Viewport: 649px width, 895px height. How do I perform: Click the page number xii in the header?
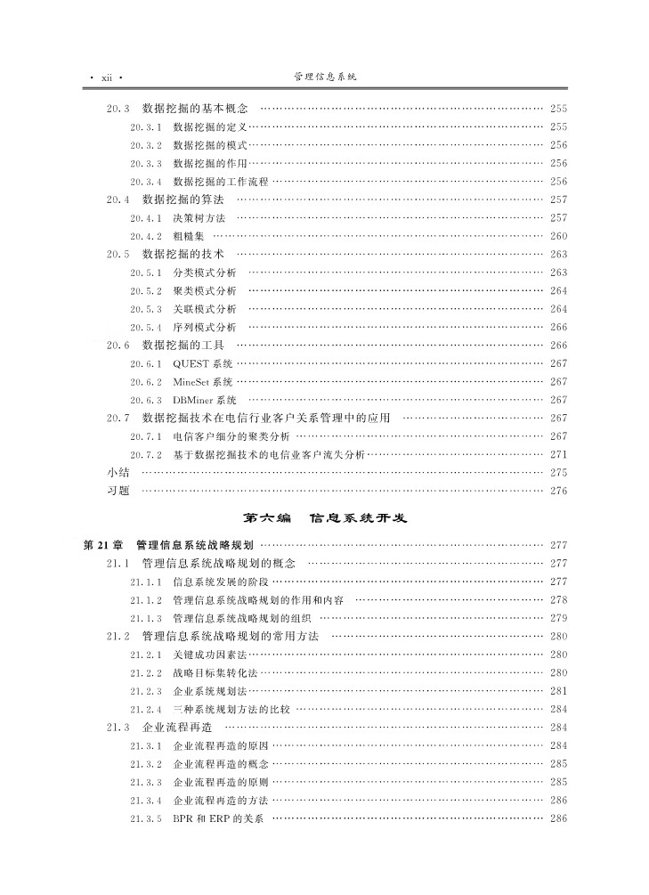point(106,77)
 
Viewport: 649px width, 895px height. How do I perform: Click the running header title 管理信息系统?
point(325,77)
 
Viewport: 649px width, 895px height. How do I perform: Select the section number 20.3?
point(118,108)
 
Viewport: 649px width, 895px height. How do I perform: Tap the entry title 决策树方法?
point(199,217)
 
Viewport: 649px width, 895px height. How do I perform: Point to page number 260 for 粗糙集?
point(558,236)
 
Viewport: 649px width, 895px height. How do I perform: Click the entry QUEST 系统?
point(203,363)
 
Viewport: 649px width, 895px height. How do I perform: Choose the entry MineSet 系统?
point(203,381)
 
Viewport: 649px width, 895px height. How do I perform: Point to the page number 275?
point(558,472)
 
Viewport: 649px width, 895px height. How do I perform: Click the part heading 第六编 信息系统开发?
point(325,517)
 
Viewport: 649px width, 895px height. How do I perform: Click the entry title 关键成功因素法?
point(209,655)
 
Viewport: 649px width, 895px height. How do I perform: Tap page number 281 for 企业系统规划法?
point(558,691)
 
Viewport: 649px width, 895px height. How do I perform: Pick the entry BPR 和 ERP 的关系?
point(218,818)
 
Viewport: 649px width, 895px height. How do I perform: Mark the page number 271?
point(558,454)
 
